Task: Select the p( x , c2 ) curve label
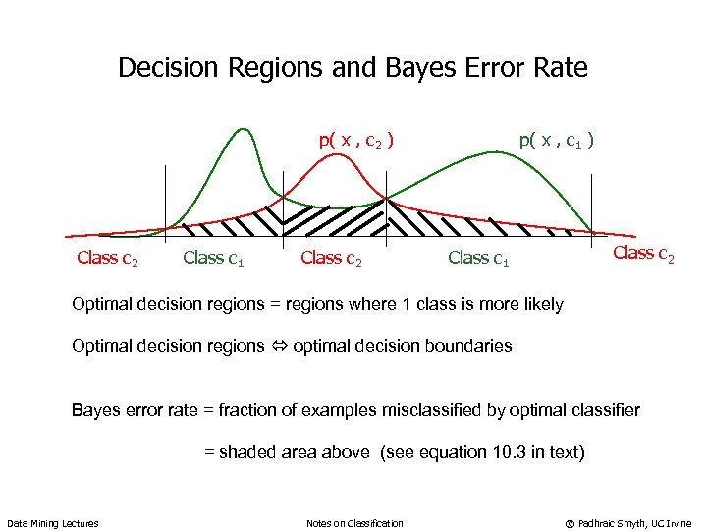click(356, 141)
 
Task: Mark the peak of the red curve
click(339, 154)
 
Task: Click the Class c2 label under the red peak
click(332, 258)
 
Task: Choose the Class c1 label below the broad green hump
click(478, 258)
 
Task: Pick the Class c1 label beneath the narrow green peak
click(214, 258)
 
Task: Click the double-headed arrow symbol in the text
click(279, 346)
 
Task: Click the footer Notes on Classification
click(354, 523)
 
